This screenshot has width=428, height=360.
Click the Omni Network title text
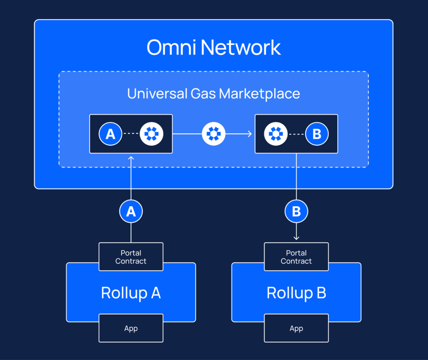click(214, 48)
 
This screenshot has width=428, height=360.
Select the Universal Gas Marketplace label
click(214, 94)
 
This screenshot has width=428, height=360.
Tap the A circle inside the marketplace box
click(110, 134)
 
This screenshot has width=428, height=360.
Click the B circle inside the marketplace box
click(316, 134)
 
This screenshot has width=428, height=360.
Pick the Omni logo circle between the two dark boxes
click(214, 134)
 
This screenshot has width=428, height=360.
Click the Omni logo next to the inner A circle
click(151, 134)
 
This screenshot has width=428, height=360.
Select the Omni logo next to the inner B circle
click(276, 134)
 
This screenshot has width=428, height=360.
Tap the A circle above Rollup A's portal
click(131, 212)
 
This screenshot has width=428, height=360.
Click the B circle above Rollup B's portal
click(296, 212)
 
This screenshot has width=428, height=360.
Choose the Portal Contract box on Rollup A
click(131, 257)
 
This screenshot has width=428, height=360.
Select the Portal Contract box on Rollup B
click(296, 257)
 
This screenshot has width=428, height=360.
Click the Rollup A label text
click(131, 293)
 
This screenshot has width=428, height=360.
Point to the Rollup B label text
click(296, 293)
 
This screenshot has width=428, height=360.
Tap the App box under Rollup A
click(131, 329)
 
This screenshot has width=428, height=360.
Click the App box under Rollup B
click(296, 329)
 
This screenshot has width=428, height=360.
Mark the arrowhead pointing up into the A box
click(131, 158)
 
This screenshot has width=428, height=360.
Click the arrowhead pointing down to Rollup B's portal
click(296, 238)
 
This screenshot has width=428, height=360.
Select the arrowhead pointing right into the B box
click(250, 134)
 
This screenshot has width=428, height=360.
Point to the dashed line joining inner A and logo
click(131, 134)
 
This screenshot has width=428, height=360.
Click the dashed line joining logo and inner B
click(296, 134)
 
